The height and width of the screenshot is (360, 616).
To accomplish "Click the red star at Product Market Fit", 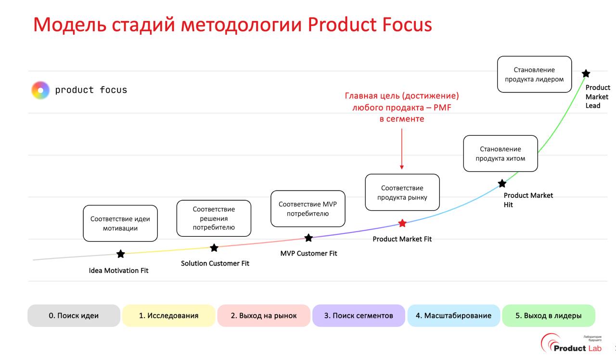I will pos(402,223).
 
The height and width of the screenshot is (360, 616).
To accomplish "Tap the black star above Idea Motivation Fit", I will pos(120,254).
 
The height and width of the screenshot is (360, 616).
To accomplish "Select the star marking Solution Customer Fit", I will pos(214,248).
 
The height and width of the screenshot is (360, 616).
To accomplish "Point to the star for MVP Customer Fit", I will pos(308,238).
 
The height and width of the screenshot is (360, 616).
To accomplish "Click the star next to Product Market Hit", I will pos(502,183).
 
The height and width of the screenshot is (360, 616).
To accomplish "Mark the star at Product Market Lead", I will pos(586,74).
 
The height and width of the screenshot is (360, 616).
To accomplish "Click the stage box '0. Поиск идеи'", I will pos(74,316).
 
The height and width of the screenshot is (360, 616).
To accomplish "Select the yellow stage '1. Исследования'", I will pos(168,316).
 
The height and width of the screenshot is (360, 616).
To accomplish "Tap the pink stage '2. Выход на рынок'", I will pos(264,316).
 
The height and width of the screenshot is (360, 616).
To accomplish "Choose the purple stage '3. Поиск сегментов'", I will pos(359,316).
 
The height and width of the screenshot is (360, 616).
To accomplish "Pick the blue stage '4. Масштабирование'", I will pos(453,316).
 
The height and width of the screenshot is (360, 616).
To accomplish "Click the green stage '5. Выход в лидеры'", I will pos(548,316).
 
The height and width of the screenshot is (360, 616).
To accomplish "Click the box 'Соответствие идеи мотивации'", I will pos(120,223).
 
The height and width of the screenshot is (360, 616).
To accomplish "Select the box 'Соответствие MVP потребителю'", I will pos(308,208).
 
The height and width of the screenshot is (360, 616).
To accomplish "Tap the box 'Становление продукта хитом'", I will pos(500,154).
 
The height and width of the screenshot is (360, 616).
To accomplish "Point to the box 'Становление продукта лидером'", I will pos(534,74).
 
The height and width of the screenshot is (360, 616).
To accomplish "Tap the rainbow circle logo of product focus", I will pos(40,90).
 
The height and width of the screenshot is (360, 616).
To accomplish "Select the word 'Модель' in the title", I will pos(70,25).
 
